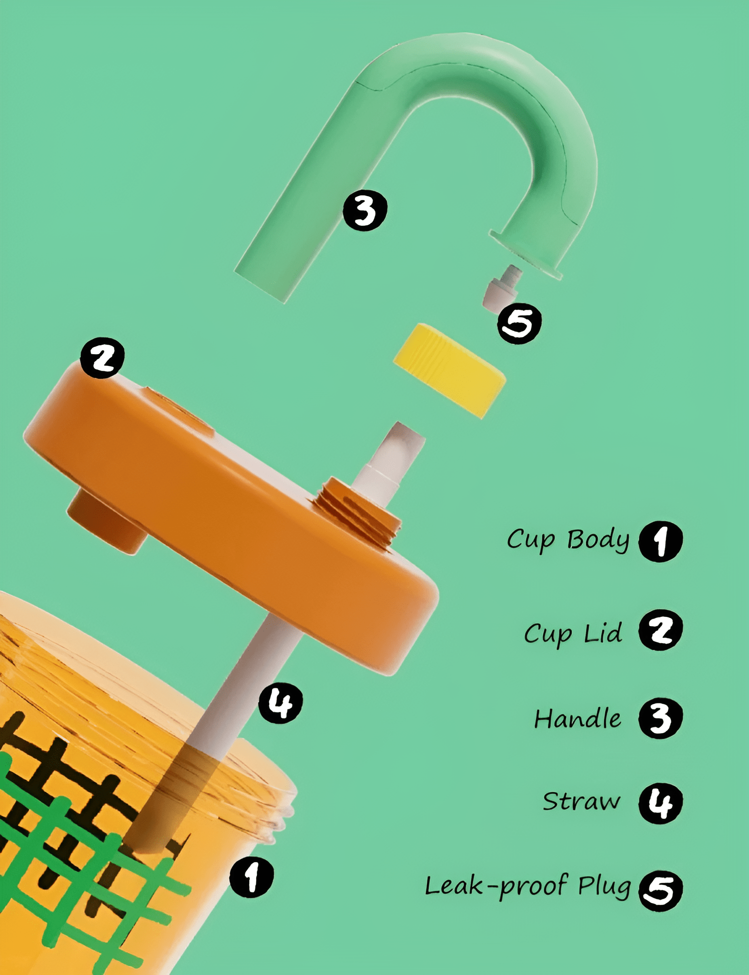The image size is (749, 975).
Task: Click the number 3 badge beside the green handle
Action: click(365, 210)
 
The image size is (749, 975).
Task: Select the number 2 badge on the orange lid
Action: click(102, 358)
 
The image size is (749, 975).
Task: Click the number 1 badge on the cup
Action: click(252, 877)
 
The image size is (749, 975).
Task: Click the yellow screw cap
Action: click(449, 371)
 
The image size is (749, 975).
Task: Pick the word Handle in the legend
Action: click(577, 718)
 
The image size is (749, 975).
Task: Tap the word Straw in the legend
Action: click(582, 801)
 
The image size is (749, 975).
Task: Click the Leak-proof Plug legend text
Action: click(528, 886)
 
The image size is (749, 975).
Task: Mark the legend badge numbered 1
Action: click(660, 541)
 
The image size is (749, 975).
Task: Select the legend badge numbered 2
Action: click(660, 630)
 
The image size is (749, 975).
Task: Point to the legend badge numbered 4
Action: click(660, 803)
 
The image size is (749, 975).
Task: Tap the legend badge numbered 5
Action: click(660, 891)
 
